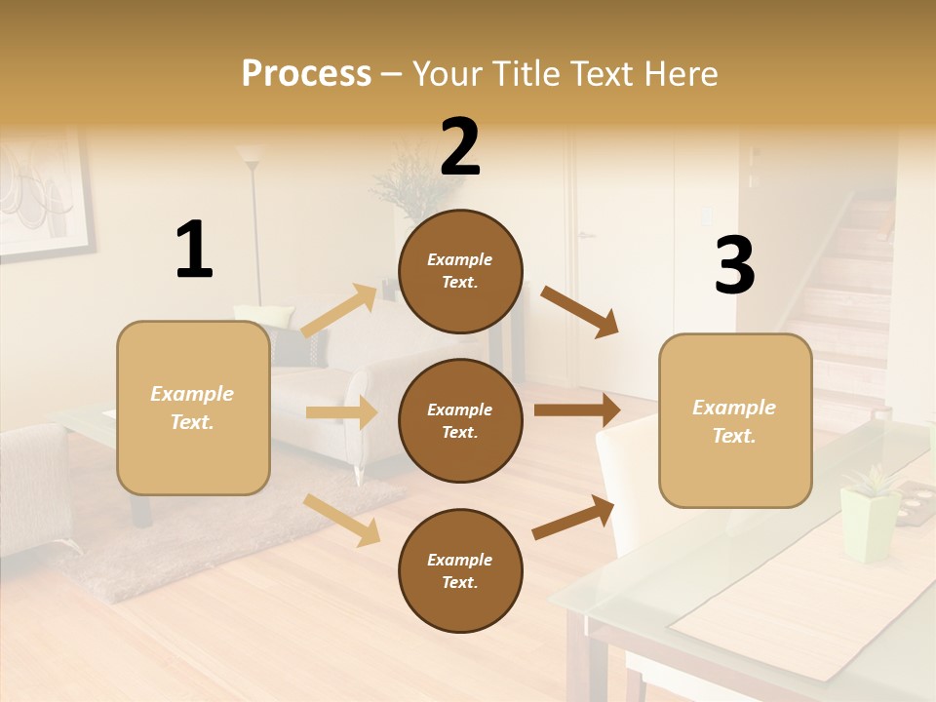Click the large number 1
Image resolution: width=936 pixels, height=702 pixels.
coord(194,250)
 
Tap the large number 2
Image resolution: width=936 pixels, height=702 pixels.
coord(460,148)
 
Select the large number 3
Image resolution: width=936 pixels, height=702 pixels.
coord(734,265)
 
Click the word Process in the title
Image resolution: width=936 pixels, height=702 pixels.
coord(306,73)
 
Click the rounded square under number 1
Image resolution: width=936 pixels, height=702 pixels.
coord(193,409)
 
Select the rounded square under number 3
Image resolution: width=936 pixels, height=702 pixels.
coord(735,421)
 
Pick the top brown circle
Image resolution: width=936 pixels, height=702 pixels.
coord(460,271)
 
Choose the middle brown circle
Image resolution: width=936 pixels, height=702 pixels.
coord(460,420)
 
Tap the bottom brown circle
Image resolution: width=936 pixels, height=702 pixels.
coord(460,570)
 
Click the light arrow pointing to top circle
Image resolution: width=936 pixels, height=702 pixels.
coord(339,310)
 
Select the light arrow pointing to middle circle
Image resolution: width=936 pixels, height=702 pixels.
coord(341,412)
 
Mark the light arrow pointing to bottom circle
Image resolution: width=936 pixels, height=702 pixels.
coord(342,520)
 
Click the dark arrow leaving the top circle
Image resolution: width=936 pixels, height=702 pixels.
coord(580,311)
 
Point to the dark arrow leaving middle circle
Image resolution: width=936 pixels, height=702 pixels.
coord(577,409)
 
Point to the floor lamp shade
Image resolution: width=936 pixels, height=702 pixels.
coord(251,154)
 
